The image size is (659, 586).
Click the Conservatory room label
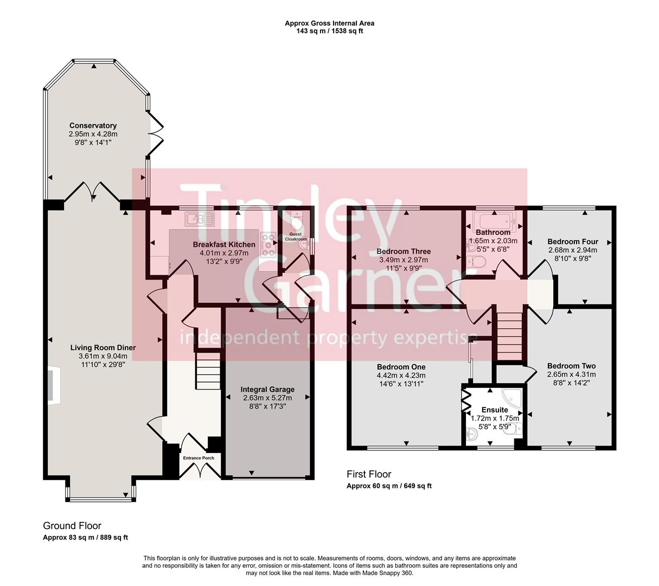[93, 125]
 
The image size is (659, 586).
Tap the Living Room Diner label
[103, 348]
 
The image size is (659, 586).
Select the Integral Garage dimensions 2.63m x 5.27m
[267, 398]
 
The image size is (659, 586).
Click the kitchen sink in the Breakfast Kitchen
[200, 219]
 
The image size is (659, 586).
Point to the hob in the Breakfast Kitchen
[268, 245]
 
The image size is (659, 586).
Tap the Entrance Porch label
[199, 458]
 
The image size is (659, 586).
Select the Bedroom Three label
[404, 251]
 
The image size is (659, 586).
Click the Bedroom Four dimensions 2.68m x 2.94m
[572, 250]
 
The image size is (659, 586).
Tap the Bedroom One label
[401, 367]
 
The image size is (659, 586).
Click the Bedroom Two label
[571, 366]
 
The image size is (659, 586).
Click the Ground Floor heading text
[72, 526]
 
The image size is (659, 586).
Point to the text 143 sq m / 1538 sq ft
[329, 31]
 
